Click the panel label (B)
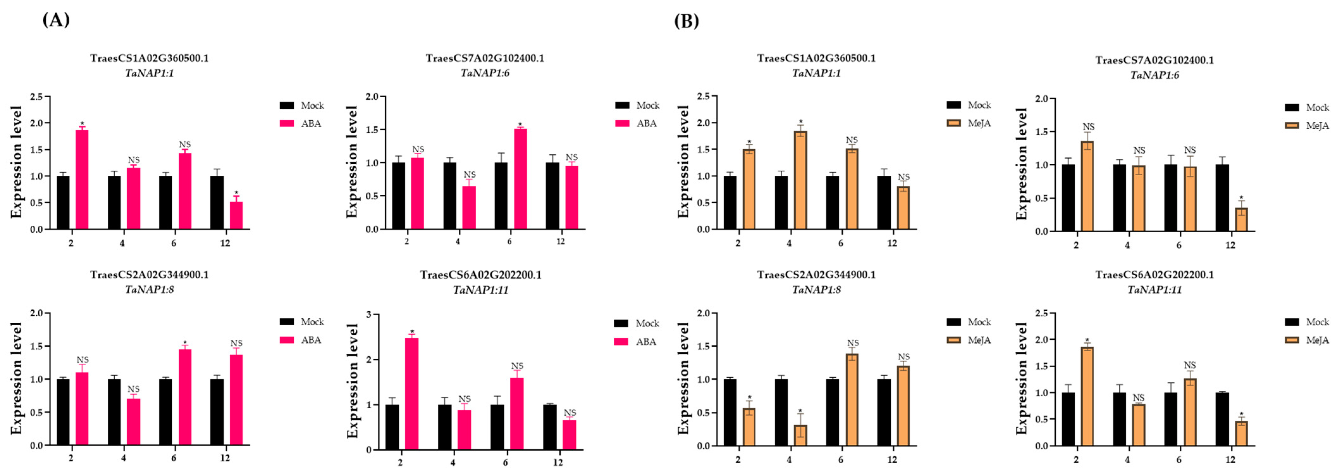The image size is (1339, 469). [x=686, y=21]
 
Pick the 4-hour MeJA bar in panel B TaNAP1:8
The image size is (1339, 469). [x=801, y=435]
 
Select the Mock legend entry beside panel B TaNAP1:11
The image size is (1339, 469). [x=1306, y=322]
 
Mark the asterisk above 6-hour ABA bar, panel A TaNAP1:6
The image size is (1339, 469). [x=520, y=125]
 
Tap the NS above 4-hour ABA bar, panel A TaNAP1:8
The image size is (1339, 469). [x=134, y=389]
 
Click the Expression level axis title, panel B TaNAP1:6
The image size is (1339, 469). [x=1022, y=164]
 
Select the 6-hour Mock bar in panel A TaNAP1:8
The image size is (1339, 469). [x=165, y=412]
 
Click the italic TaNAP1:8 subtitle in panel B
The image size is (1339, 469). [x=816, y=289]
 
